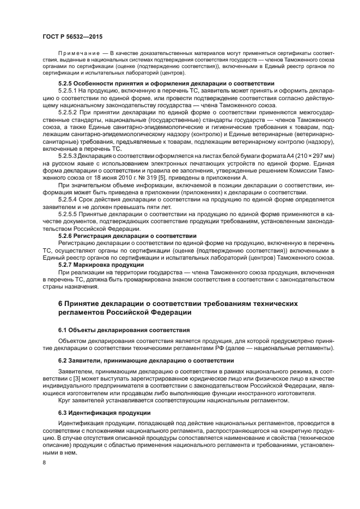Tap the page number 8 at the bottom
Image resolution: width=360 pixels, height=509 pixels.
coord(44,462)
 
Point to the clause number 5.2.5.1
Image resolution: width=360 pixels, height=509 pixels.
coord(68,90)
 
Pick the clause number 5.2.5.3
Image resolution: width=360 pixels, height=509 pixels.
coord(68,155)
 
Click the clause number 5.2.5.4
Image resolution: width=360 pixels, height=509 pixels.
coord(68,199)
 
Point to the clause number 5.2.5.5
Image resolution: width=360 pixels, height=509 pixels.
coord(68,214)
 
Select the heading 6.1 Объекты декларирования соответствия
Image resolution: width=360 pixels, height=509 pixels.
coord(124,330)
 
